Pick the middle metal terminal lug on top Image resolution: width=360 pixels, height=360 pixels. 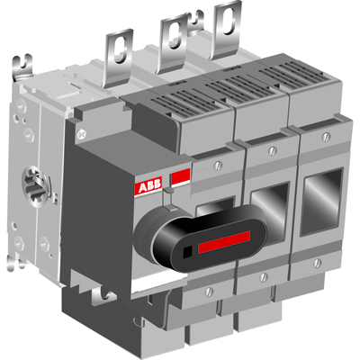(171, 40)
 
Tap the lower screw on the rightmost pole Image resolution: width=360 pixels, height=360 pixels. (318, 264)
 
